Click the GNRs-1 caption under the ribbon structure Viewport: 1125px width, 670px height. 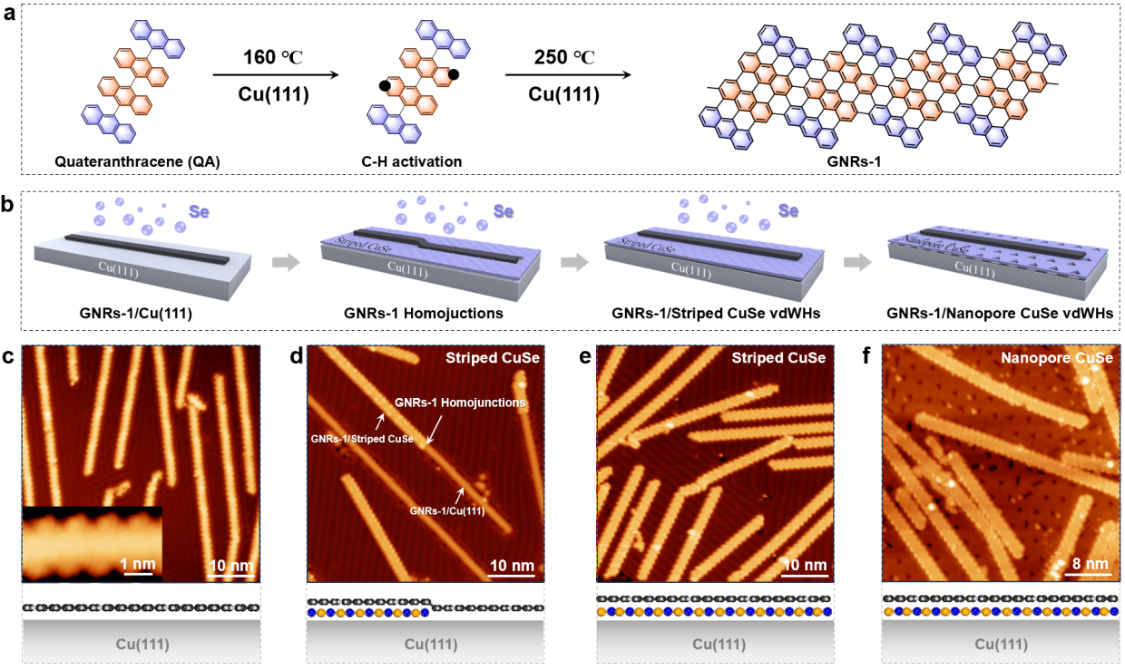pos(877,161)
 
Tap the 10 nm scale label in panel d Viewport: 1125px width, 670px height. pos(511,566)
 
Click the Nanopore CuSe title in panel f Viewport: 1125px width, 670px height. pos(1057,358)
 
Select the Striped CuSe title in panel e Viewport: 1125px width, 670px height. pos(778,358)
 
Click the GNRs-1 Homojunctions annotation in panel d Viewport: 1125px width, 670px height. pos(461,401)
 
